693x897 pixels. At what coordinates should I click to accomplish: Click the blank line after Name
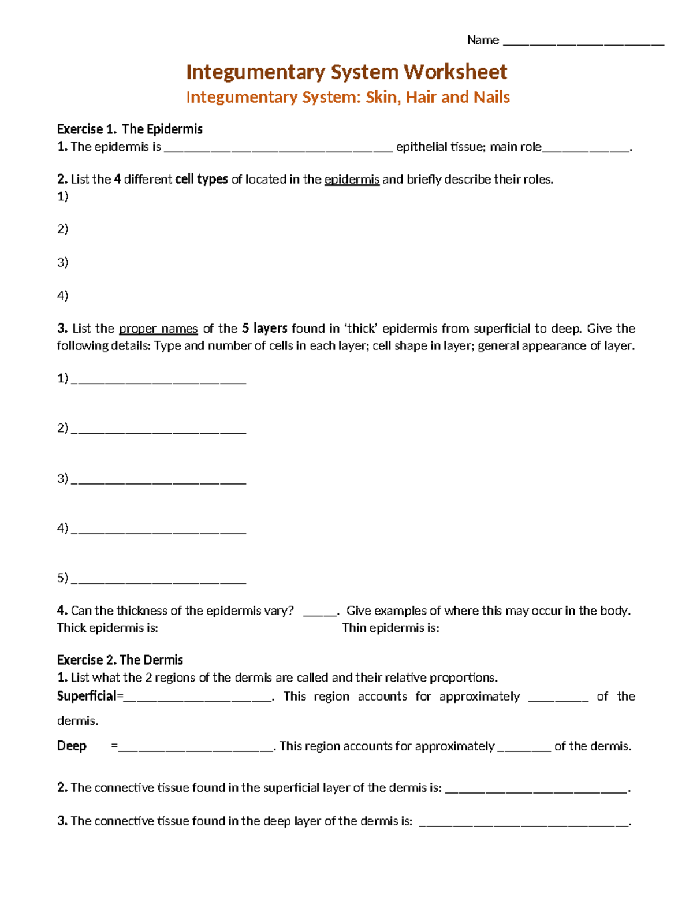pyautogui.click(x=583, y=42)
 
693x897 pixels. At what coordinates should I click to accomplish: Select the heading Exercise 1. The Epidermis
pyautogui.click(x=129, y=129)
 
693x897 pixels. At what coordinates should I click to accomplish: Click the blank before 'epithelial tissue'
pyautogui.click(x=278, y=148)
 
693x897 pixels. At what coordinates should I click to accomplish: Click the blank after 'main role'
pyautogui.click(x=586, y=148)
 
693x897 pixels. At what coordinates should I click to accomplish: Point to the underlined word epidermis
pyautogui.click(x=352, y=180)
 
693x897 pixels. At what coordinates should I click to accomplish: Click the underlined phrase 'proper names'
pyautogui.click(x=158, y=329)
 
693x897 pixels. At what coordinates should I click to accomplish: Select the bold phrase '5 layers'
pyautogui.click(x=264, y=329)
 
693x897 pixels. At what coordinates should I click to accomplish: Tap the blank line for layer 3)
pyautogui.click(x=159, y=481)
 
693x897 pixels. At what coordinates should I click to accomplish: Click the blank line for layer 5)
pyautogui.click(x=159, y=580)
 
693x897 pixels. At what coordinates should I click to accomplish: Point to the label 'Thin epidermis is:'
pyautogui.click(x=390, y=628)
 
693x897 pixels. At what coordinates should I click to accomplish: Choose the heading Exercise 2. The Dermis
pyautogui.click(x=120, y=660)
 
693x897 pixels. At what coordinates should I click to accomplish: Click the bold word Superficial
pyautogui.click(x=87, y=696)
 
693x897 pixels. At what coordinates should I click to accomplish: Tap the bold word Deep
pyautogui.click(x=72, y=746)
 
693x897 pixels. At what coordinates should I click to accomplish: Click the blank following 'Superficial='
pyautogui.click(x=198, y=698)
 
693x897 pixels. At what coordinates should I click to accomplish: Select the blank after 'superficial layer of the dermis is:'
pyautogui.click(x=536, y=790)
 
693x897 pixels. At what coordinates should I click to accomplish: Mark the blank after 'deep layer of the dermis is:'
pyautogui.click(x=524, y=824)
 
